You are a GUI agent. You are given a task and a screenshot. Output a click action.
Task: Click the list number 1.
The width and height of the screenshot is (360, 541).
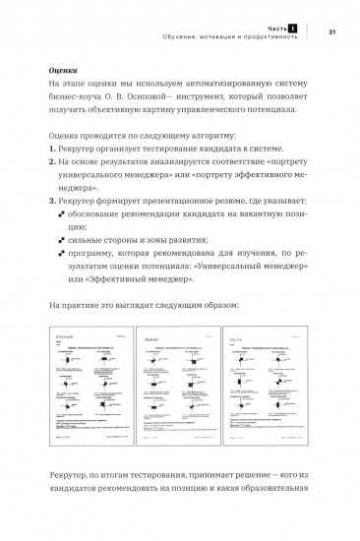coord(52,155)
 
